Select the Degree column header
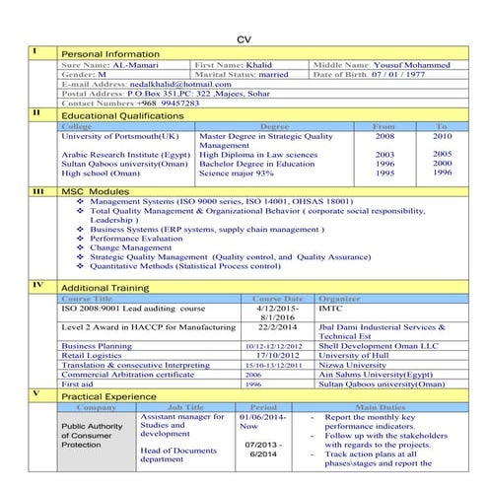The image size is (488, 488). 274,126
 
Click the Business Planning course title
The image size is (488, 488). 96,346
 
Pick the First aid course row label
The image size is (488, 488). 77,383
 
